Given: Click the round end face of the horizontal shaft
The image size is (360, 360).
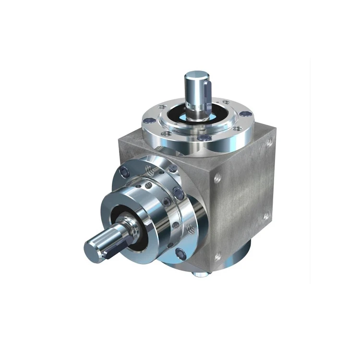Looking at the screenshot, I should coord(93,249).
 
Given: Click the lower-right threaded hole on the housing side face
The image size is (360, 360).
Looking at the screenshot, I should coord(265,217).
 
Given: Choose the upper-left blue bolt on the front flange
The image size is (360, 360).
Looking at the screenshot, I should coord(126,172).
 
